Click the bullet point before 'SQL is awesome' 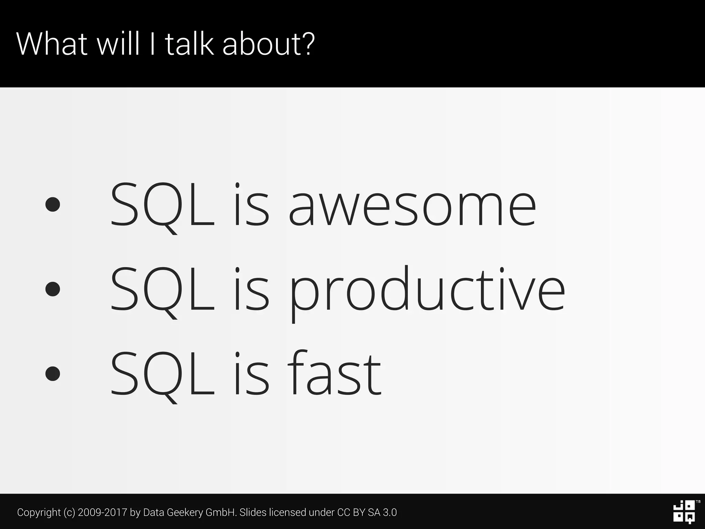click(53, 204)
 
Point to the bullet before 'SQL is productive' click(53, 289)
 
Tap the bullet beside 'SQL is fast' click(53, 373)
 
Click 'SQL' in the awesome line click(162, 206)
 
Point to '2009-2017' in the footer click(103, 512)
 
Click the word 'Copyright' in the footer click(39, 512)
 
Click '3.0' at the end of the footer click(390, 512)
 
